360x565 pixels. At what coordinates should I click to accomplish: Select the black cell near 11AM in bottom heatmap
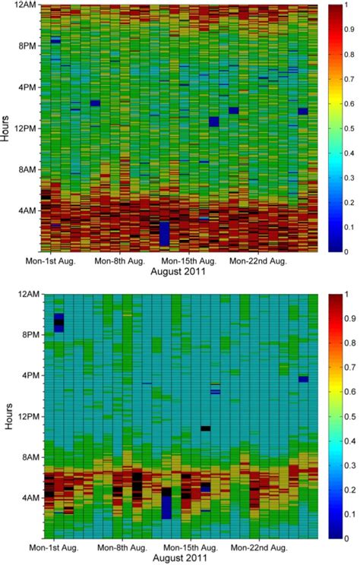[x=205, y=428]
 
